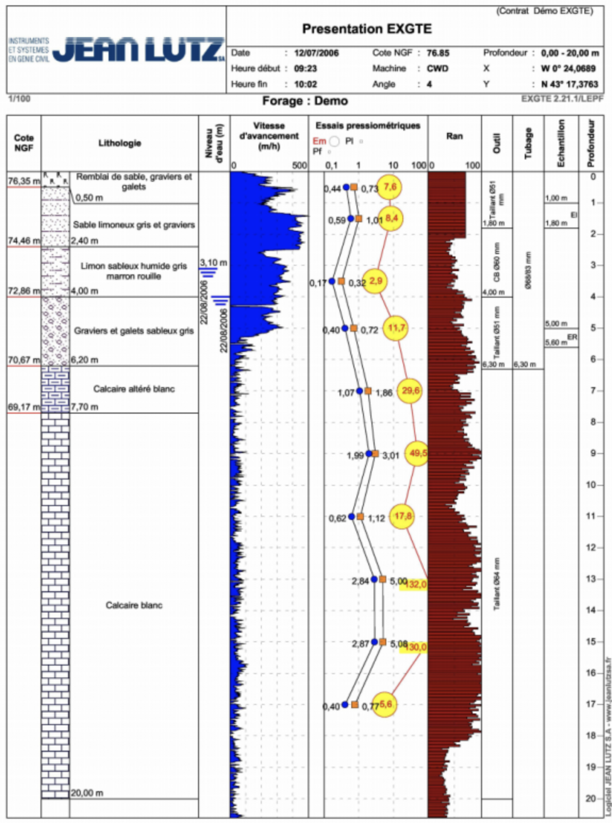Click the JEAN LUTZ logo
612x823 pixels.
(138, 49)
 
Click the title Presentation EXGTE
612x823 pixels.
(367, 29)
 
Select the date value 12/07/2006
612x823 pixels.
(316, 53)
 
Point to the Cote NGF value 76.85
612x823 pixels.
(437, 53)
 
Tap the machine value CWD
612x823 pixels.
(437, 69)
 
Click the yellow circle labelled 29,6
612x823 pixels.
(411, 391)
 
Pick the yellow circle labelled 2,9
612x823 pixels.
(376, 281)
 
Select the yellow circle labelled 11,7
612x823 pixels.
(396, 327)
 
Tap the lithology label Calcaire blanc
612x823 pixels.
(134, 605)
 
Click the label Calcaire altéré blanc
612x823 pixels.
(134, 389)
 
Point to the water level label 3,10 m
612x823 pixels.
(213, 263)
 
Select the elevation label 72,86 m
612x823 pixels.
(23, 291)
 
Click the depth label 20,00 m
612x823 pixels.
(87, 793)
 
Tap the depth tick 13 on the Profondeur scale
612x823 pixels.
(591, 579)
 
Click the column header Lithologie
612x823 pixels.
(120, 143)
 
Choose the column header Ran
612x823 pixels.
(454, 136)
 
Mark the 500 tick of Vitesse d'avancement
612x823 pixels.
(300, 165)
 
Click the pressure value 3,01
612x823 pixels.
(391, 456)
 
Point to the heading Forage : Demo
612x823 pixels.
(305, 101)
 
